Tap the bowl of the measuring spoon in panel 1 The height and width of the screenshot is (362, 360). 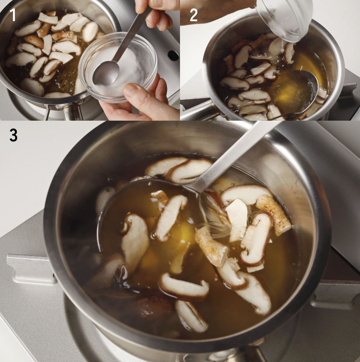tap(106, 73)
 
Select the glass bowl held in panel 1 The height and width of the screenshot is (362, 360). tap(118, 67)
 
